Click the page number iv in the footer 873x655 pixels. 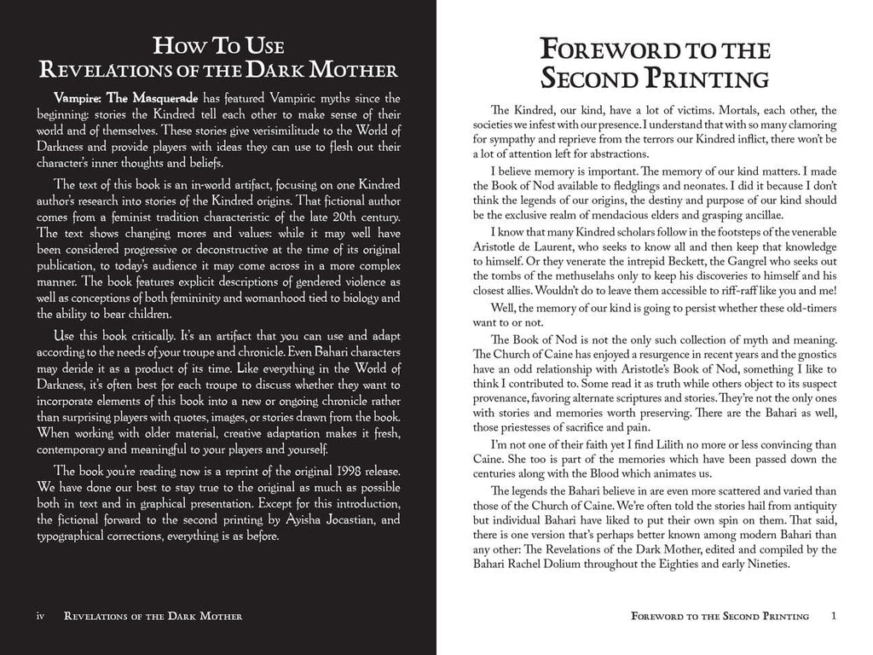point(39,616)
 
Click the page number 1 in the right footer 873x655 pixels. point(835,616)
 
